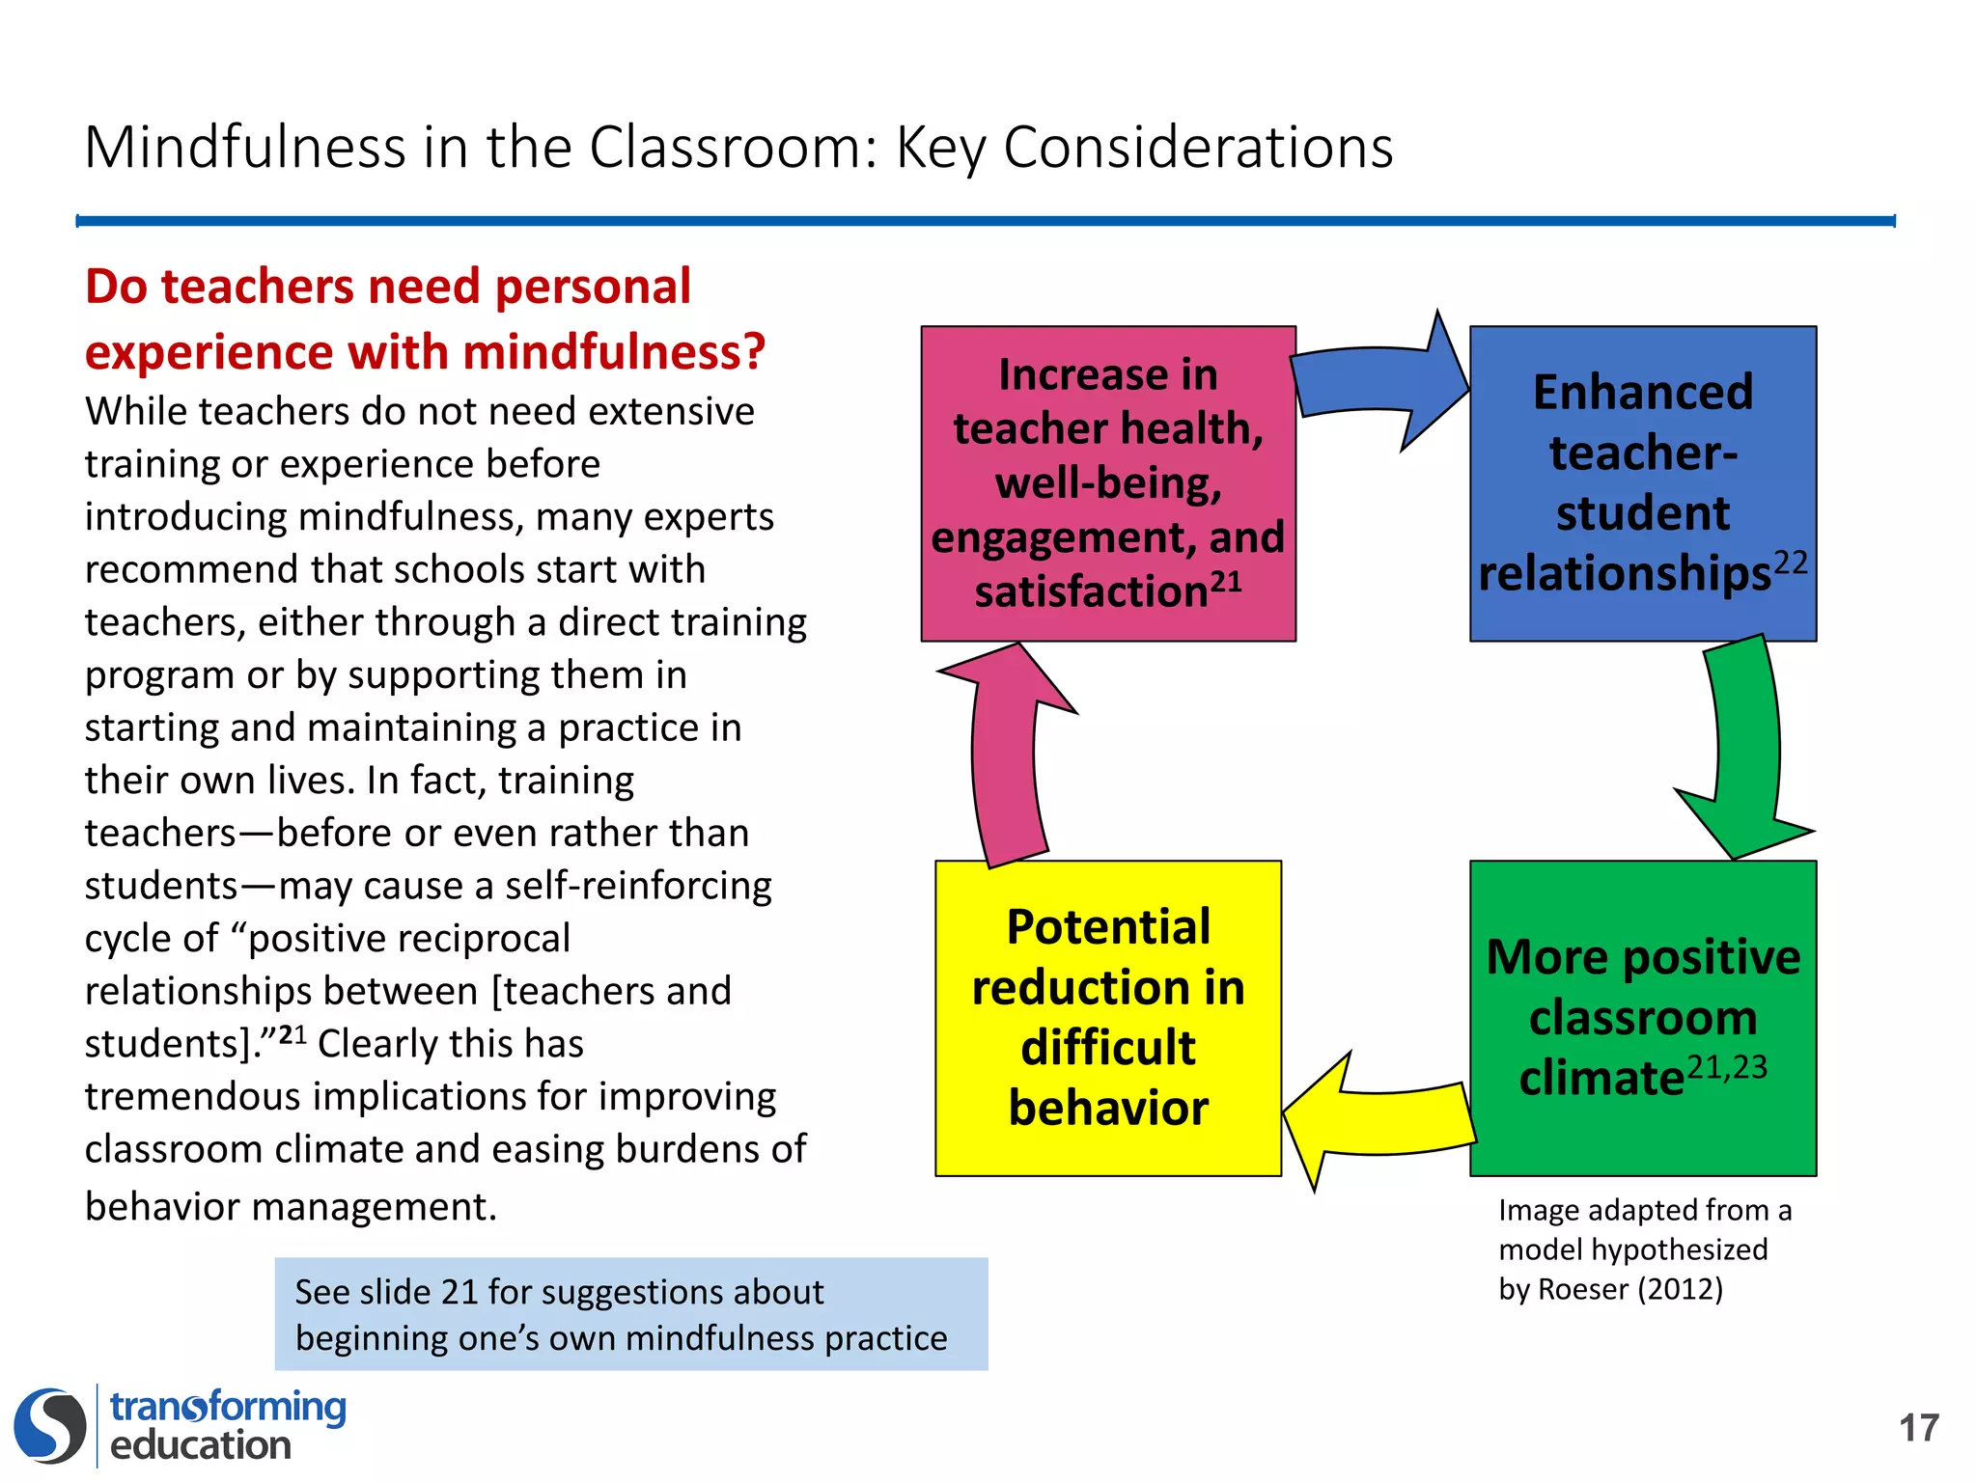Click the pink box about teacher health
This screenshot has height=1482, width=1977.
1107,482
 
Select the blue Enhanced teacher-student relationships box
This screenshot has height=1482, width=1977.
1642,482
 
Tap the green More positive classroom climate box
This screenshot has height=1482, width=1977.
1642,1017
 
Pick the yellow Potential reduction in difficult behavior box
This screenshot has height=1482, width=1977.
1107,1017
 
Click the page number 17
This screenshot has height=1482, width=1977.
1918,1428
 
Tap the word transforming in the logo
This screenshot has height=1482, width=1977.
228,1407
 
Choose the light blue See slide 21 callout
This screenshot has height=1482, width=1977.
630,1314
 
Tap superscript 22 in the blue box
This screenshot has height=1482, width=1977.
1790,563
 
